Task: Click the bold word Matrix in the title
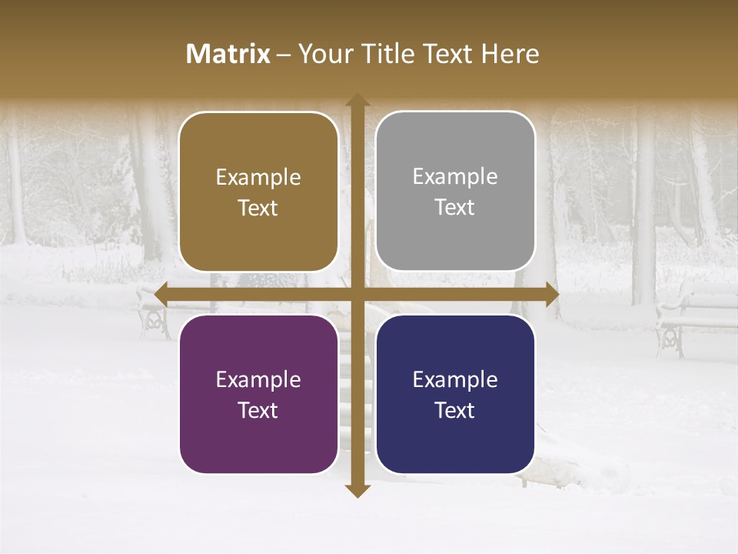[x=228, y=54]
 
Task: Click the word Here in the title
[x=510, y=54]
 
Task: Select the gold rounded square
[x=258, y=192]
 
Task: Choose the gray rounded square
[x=455, y=191]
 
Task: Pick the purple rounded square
[x=258, y=394]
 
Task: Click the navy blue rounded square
[x=455, y=394]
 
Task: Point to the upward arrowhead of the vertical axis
[x=357, y=100]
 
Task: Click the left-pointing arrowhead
[x=161, y=294]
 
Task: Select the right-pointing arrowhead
[x=552, y=294]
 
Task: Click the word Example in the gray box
[x=455, y=176]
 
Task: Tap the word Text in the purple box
[x=258, y=410]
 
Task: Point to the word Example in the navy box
[x=455, y=379]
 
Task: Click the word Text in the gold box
[x=258, y=208]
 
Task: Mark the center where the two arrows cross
[x=357, y=294]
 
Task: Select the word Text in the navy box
[x=454, y=410]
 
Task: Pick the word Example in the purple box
[x=258, y=379]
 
